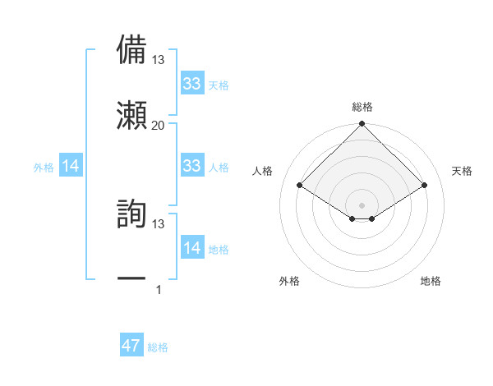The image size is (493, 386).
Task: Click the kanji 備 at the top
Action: (x=131, y=50)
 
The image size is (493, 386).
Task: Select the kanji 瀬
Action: (x=131, y=114)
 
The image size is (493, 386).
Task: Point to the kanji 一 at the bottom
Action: (x=131, y=279)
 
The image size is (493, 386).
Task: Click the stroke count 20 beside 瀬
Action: (x=159, y=125)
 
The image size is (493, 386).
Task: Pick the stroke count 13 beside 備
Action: (x=159, y=60)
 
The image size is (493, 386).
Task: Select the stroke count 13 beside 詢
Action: (x=159, y=223)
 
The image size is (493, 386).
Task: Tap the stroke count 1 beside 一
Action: (x=159, y=289)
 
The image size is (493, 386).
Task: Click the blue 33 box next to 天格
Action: (x=191, y=84)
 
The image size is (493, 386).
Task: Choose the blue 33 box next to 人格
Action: (x=191, y=166)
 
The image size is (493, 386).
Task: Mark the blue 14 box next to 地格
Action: (x=191, y=248)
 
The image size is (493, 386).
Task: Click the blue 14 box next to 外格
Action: (x=70, y=167)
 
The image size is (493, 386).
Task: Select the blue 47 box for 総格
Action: (x=131, y=346)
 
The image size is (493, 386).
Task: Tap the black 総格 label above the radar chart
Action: (x=362, y=108)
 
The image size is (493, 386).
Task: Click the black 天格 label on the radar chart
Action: (x=463, y=171)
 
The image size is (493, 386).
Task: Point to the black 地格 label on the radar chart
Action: (x=431, y=281)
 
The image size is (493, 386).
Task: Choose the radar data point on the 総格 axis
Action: (x=362, y=125)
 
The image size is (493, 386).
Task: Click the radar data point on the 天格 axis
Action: (x=425, y=186)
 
